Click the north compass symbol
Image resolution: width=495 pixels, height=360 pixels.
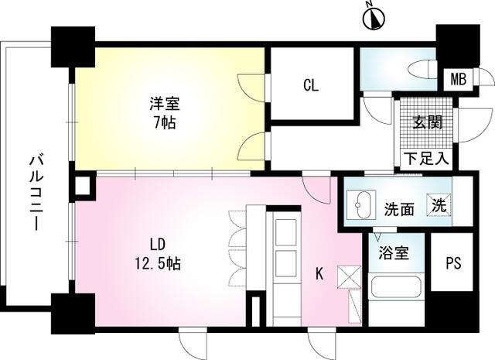[374, 18]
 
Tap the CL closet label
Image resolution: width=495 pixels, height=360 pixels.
[311, 85]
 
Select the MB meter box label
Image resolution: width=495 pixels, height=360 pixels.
[458, 79]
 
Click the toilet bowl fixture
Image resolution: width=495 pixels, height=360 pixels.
[422, 69]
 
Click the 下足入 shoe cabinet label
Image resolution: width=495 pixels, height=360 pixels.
[426, 159]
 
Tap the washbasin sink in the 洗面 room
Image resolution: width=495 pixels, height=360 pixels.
[361, 204]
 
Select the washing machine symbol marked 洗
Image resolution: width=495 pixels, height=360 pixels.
[439, 205]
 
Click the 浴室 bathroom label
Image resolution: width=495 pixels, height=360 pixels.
[394, 253]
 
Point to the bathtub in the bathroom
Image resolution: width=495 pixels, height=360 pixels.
[396, 287]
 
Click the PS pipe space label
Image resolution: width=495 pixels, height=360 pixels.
[453, 263]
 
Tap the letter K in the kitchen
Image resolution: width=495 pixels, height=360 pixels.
[319, 274]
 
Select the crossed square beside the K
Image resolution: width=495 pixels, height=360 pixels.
[349, 277]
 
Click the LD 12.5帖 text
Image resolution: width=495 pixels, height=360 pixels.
[158, 254]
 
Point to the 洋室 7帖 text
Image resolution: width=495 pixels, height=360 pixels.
[165, 113]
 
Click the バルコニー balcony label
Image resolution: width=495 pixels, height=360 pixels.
[36, 192]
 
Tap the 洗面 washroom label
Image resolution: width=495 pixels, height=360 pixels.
[399, 209]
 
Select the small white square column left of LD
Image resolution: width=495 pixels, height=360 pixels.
[83, 187]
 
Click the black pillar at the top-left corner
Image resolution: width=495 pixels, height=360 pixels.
[73, 46]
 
